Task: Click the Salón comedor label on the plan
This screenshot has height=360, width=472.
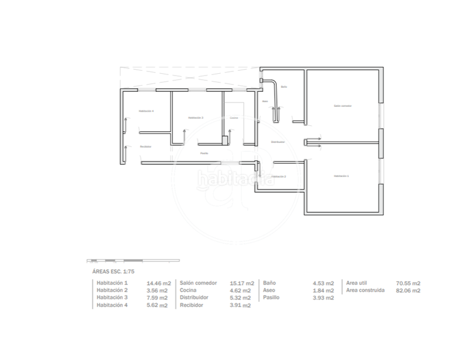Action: point(342,106)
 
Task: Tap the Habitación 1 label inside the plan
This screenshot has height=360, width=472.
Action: point(341,176)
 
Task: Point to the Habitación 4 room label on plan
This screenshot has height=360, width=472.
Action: point(146,111)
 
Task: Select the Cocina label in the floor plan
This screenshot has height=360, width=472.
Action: point(234,118)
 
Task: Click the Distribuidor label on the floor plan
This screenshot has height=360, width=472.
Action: point(277,142)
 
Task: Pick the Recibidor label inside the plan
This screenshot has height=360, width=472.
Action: point(145,146)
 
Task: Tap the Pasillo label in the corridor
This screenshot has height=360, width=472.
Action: point(204,153)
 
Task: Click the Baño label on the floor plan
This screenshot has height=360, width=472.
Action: point(283,87)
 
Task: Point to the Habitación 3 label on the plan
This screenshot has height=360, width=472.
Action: point(196,118)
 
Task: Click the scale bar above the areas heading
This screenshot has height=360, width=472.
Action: point(133,260)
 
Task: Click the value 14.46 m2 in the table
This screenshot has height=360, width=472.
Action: point(159,283)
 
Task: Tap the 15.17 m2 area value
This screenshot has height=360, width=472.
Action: point(241,283)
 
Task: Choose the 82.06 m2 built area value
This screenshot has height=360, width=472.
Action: point(408,290)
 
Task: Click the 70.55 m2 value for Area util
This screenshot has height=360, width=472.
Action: point(408,283)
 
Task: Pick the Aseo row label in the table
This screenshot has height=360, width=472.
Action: point(270,290)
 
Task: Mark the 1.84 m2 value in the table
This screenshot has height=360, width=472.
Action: point(323,290)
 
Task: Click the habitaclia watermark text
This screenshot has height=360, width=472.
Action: point(235,178)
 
